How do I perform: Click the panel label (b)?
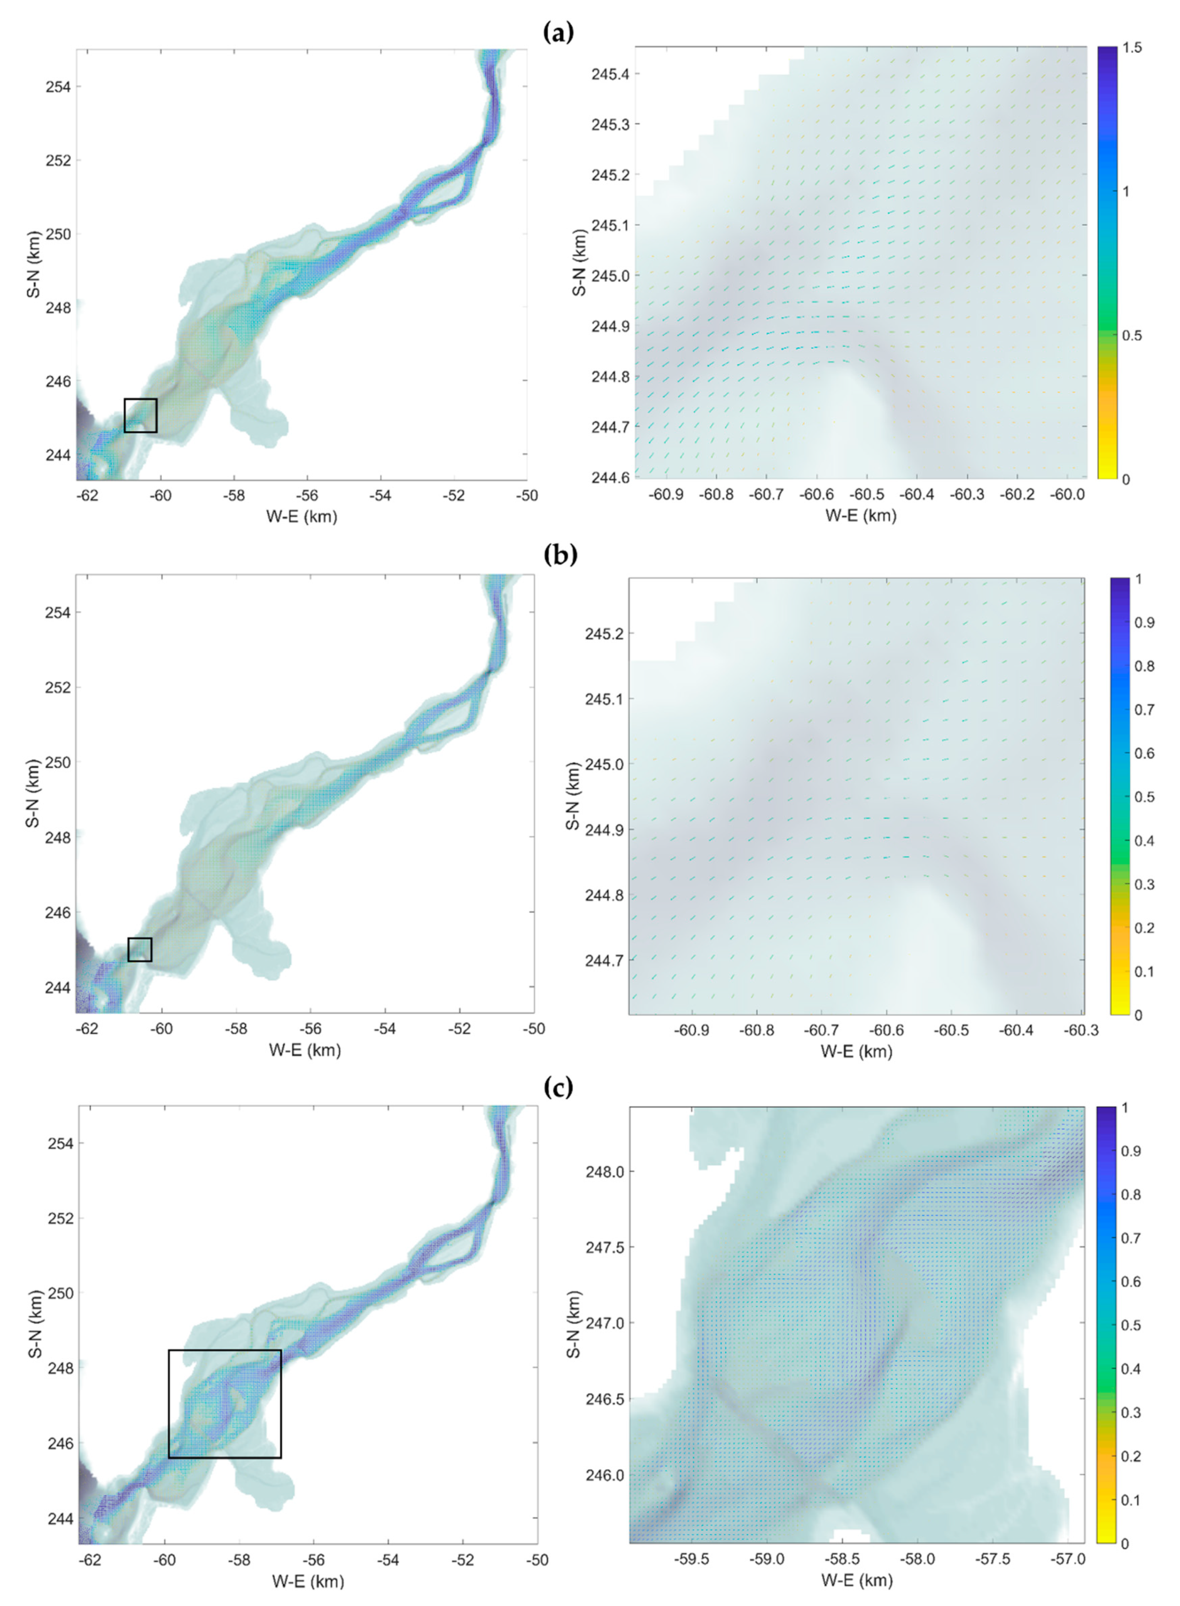point(559,555)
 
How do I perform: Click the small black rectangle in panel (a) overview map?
point(140,415)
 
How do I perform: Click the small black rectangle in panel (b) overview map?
point(140,950)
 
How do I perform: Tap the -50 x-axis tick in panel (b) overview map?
point(533,1029)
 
